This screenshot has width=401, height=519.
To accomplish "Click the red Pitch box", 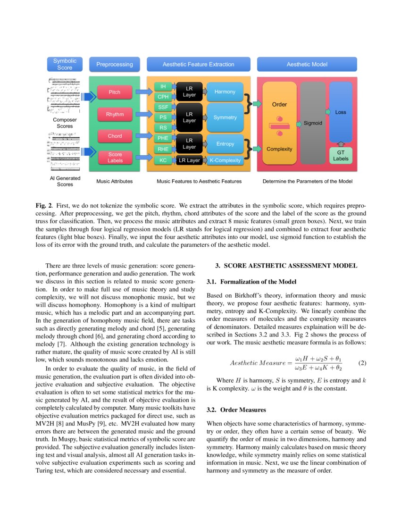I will [114, 92].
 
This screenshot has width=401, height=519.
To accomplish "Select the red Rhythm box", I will [114, 114].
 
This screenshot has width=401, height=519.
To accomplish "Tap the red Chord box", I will [114, 136].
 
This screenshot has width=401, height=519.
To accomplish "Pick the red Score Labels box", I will [114, 158].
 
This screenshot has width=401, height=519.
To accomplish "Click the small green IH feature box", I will [163, 86].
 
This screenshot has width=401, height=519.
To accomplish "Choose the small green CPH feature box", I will [163, 97].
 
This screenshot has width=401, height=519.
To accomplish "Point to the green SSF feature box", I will [163, 107].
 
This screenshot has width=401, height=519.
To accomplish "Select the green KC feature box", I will [163, 160].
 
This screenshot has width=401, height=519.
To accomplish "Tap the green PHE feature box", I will [163, 138].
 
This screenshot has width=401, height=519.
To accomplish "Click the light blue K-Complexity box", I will [225, 160].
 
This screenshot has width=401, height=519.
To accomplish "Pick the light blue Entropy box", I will [225, 143].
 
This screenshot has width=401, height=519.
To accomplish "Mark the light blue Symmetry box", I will [225, 117].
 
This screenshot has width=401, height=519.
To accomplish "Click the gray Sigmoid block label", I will [313, 123].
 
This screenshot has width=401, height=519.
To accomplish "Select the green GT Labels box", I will [341, 156].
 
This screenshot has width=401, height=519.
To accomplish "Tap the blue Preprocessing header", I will [115, 64].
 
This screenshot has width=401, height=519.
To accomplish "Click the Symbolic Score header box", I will [65, 64].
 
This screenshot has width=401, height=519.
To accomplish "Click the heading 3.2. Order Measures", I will [236, 410].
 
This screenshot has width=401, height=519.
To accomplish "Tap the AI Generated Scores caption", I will [65, 181].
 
